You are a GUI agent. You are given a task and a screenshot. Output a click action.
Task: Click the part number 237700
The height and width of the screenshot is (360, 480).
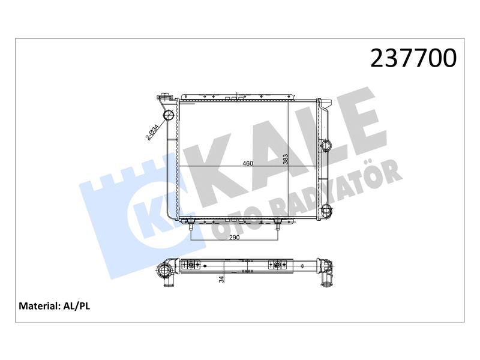tap(413, 58)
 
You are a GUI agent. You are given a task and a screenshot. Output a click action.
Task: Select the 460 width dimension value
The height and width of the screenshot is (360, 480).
tap(248, 163)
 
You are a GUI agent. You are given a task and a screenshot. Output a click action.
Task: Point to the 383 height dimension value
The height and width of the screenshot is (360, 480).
tap(286, 160)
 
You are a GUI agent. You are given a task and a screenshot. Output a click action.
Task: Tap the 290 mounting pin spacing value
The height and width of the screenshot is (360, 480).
tap(234, 237)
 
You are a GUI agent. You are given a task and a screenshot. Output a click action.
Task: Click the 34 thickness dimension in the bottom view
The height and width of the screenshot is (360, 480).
tap(221, 279)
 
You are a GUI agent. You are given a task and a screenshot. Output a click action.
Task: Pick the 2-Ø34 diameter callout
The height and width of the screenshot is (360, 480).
tap(152, 132)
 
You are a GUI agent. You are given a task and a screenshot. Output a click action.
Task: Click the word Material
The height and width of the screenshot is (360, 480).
tap(38, 306)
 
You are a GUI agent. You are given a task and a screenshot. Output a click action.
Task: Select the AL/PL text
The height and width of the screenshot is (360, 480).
tap(77, 306)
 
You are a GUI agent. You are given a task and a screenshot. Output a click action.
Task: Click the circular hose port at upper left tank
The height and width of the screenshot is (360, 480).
tap(168, 115)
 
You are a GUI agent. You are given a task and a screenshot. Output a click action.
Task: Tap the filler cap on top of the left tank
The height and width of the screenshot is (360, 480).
tap(164, 95)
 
